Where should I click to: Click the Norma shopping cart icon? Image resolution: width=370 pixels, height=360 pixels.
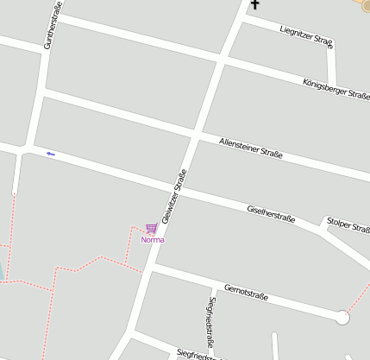click(151, 229)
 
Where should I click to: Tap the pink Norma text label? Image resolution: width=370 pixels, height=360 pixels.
click(152, 239)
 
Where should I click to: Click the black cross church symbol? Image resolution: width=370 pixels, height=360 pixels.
click(254, 6)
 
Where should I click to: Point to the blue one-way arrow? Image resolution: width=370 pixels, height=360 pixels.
click(50, 154)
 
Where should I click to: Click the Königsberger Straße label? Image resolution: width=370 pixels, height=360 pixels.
click(336, 90)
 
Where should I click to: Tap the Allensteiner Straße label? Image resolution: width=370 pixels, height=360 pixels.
click(251, 148)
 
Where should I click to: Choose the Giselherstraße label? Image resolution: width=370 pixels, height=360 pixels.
click(271, 213)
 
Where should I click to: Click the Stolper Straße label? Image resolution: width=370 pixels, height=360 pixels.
click(348, 224)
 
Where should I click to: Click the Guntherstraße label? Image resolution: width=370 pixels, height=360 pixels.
click(50, 25)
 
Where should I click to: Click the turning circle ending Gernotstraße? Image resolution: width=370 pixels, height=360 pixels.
click(342, 318)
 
